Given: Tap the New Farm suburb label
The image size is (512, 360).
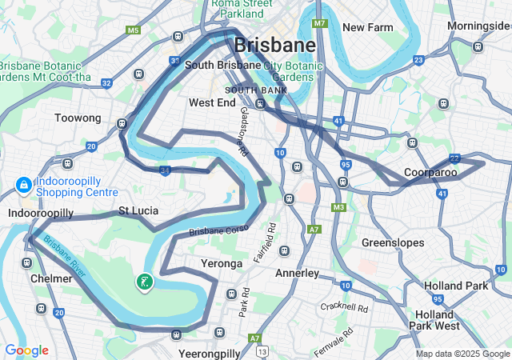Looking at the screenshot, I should (x=368, y=27).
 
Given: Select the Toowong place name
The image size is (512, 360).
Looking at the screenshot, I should (x=78, y=118).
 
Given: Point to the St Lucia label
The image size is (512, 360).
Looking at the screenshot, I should (x=138, y=210).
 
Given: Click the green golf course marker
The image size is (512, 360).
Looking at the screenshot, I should (x=144, y=282).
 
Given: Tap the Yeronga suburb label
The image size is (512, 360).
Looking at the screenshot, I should (x=220, y=263).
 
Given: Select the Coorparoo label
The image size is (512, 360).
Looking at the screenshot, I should (x=430, y=172).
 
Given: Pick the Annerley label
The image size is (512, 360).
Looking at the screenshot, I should (x=297, y=273).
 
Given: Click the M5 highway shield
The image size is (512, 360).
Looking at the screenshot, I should (x=133, y=30).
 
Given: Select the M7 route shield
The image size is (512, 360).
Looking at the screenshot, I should (x=320, y=23).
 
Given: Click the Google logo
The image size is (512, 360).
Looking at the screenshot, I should (x=26, y=350).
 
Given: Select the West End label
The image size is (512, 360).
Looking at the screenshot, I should (x=212, y=102).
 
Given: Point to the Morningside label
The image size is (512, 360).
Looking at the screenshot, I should (x=478, y=26).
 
